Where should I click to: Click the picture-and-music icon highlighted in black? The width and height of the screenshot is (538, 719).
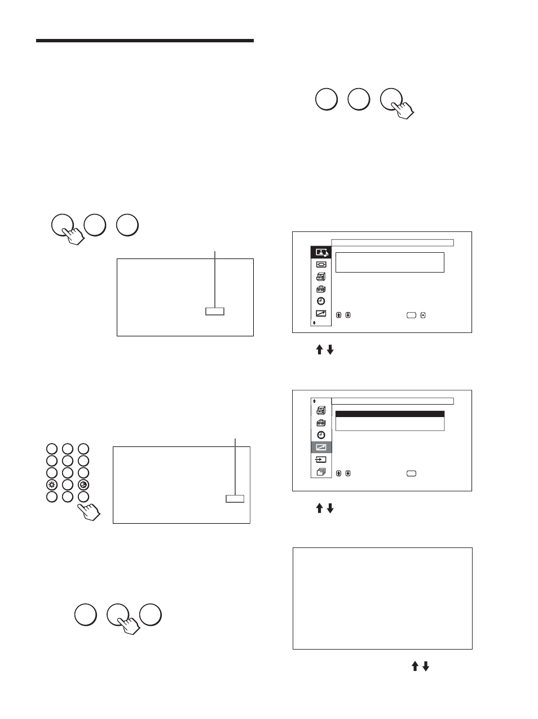pyautogui.click(x=321, y=252)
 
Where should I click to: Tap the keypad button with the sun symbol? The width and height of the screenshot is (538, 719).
pyautogui.click(x=52, y=485)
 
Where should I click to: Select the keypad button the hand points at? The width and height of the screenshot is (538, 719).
pyautogui.click(x=83, y=497)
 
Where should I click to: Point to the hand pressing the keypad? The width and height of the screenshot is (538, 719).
pyautogui.click(x=90, y=510)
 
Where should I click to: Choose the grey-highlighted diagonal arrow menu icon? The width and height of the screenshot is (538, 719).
pyautogui.click(x=321, y=447)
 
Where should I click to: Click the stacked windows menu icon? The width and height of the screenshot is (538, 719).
pyautogui.click(x=321, y=472)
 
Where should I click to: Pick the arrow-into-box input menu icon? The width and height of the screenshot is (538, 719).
pyautogui.click(x=321, y=459)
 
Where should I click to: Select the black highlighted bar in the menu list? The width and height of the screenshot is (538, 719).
pyautogui.click(x=390, y=414)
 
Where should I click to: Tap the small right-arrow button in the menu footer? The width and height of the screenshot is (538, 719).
pyautogui.click(x=423, y=315)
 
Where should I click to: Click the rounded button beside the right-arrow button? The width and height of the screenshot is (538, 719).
pyautogui.click(x=411, y=315)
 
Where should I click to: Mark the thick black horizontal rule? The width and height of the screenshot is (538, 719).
pyautogui.click(x=145, y=41)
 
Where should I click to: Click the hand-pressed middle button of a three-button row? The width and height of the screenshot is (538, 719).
pyautogui.click(x=118, y=615)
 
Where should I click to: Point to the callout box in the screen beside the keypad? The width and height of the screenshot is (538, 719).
pyautogui.click(x=235, y=498)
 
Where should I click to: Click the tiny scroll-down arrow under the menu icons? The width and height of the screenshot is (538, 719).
pyautogui.click(x=314, y=323)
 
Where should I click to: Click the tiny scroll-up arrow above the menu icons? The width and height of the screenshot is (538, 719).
pyautogui.click(x=314, y=401)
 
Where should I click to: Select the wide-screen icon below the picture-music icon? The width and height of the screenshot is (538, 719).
pyautogui.click(x=321, y=264)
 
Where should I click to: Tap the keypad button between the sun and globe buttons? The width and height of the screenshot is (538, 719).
pyautogui.click(x=68, y=485)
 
